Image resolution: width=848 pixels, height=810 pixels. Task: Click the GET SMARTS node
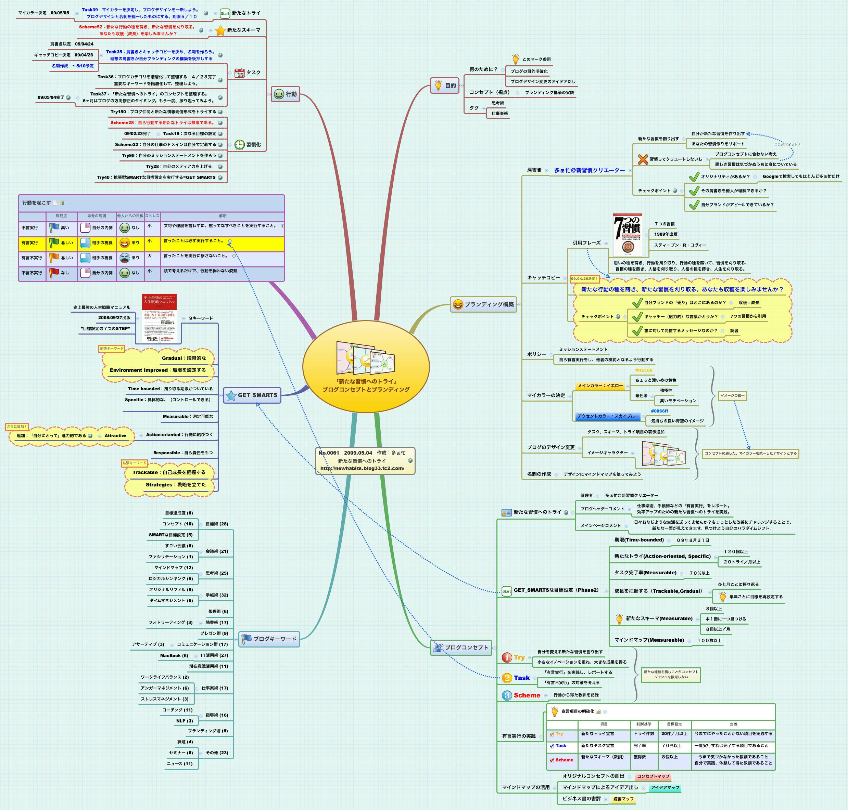(x=252, y=395)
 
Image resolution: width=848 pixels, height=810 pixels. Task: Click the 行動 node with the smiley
(x=285, y=94)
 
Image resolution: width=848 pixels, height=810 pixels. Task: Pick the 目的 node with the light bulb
(x=444, y=86)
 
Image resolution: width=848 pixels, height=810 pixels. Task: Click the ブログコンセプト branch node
(x=461, y=647)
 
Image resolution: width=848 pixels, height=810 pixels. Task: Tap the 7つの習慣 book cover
(x=628, y=235)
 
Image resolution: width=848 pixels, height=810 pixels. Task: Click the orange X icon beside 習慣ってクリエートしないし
(x=643, y=159)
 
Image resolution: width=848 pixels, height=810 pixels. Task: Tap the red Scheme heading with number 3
(x=527, y=695)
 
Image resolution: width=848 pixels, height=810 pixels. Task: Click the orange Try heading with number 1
(x=519, y=657)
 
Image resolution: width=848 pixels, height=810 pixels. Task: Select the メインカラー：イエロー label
(x=600, y=386)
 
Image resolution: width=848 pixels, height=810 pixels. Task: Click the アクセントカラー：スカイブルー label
(x=608, y=416)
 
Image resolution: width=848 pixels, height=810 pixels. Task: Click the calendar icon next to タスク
(x=239, y=73)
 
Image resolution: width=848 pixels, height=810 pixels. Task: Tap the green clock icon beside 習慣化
(x=239, y=145)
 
